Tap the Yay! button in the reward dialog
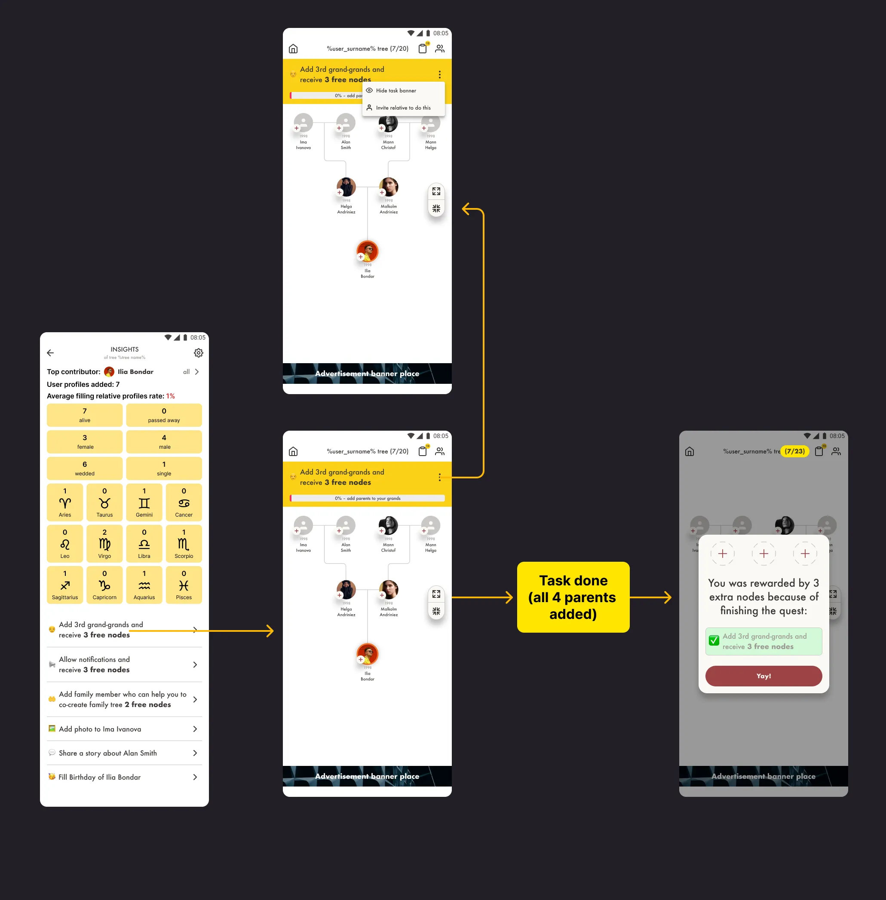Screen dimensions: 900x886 [763, 676]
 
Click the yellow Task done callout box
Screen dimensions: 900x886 [573, 597]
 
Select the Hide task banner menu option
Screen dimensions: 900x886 [395, 91]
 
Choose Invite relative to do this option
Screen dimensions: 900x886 [403, 108]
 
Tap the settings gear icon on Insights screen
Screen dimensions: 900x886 [199, 353]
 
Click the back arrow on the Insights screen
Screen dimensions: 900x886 [51, 353]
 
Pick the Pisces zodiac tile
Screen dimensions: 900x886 [184, 585]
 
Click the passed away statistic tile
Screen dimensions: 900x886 [164, 415]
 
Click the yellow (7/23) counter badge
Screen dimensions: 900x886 [795, 451]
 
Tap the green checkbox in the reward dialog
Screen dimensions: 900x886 [714, 641]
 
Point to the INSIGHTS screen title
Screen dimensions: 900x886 [124, 349]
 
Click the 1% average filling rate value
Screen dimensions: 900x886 [170, 396]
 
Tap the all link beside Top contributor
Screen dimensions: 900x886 [187, 372]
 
